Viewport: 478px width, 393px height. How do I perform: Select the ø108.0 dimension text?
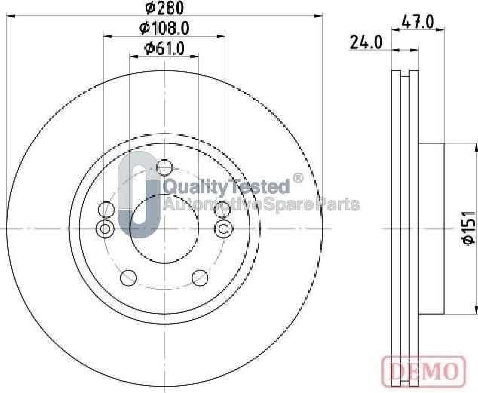164,29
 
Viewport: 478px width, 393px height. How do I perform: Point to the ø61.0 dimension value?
164,50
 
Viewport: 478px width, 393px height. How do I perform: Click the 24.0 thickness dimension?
367,42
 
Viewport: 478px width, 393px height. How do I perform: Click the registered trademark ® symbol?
297,180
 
